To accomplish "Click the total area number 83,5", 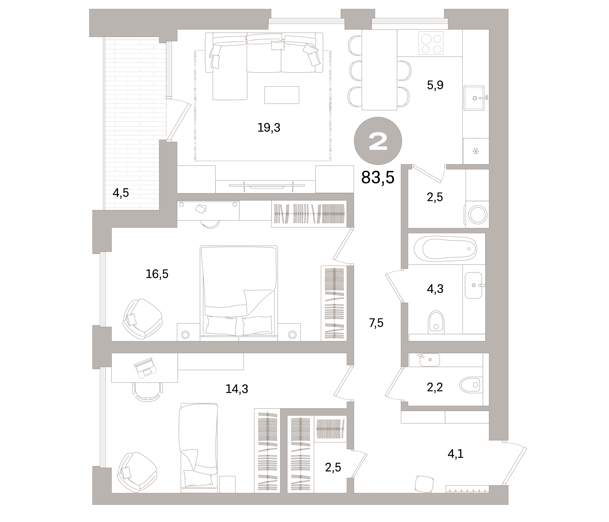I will coord(377,177).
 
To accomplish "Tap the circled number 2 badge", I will coord(378,141).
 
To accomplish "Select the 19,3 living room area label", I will coord(269,128).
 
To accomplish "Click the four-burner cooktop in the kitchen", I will coord(431,43).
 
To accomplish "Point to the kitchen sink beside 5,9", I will coord(474,98).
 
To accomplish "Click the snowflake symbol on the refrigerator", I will coord(476,151).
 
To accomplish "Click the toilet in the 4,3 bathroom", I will coord(436,322).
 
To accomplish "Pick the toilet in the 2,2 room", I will coord(470,385).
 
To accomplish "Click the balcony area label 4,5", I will coord(121,193).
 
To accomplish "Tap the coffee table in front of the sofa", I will coord(282,95).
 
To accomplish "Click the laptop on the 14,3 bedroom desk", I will coord(145,368).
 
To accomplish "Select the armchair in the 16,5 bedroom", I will coord(143,319).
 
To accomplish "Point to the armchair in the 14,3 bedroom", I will coord(137,472).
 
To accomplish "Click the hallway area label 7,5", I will coord(376,323).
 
